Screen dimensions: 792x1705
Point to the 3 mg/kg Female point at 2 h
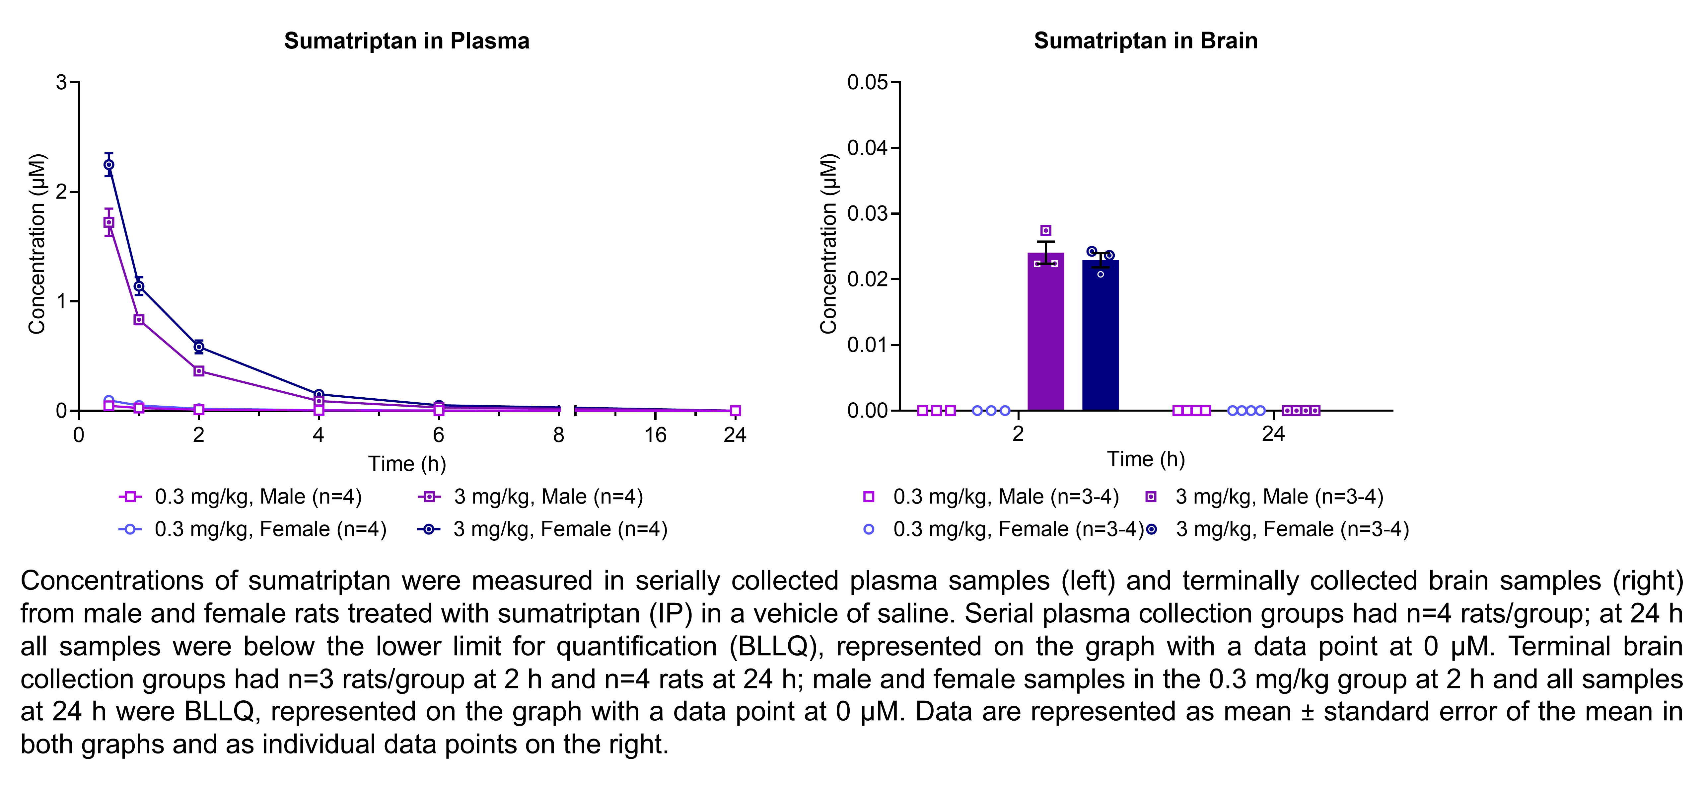198,346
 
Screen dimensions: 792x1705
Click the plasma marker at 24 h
735,411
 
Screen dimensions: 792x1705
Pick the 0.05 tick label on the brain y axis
867,83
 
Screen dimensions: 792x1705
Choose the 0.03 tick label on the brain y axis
867,214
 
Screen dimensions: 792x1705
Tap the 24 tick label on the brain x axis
1273,435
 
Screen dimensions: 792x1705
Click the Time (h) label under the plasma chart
407,463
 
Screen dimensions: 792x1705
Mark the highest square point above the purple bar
1046,230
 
